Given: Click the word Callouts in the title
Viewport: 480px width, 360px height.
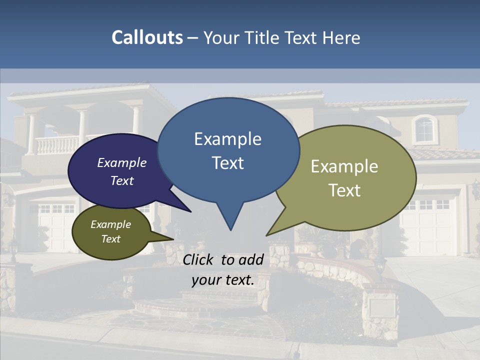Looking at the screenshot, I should click(x=147, y=37).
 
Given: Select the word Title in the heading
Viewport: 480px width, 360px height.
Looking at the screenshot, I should click(x=263, y=37).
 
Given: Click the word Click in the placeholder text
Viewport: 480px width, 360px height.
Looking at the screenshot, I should click(x=199, y=259).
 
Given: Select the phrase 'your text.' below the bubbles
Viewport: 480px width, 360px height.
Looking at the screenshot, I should click(x=223, y=280).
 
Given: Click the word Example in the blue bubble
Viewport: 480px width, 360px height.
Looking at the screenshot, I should click(x=227, y=139).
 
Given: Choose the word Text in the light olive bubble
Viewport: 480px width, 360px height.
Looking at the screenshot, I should click(x=344, y=190).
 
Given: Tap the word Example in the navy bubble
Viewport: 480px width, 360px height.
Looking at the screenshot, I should click(x=122, y=163).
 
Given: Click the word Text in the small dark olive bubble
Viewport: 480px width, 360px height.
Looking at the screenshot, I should click(x=111, y=239).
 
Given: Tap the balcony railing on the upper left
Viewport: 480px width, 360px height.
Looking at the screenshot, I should click(x=57, y=145).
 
